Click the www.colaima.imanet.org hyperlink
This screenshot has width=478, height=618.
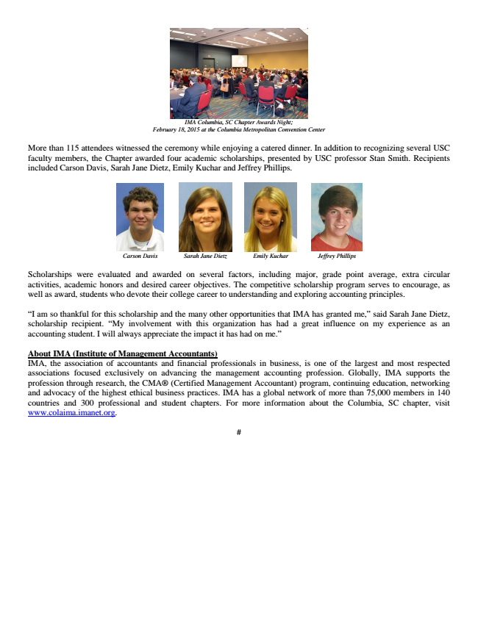click(x=71, y=413)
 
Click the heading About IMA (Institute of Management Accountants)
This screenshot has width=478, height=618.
click(x=122, y=354)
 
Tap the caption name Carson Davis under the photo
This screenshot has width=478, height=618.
click(x=140, y=256)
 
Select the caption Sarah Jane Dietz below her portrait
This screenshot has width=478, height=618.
click(x=205, y=256)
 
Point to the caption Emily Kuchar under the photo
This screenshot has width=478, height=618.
click(x=271, y=256)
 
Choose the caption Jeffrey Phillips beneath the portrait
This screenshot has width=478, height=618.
click(x=336, y=256)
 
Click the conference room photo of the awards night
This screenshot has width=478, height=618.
click(x=238, y=73)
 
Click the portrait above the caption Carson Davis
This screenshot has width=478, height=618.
click(x=140, y=218)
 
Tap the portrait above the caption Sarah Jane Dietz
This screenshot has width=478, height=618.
click(x=205, y=218)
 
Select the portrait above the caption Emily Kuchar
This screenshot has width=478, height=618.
click(x=271, y=218)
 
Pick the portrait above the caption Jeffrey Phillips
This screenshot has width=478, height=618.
click(x=337, y=218)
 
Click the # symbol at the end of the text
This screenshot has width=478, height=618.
click(x=239, y=432)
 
